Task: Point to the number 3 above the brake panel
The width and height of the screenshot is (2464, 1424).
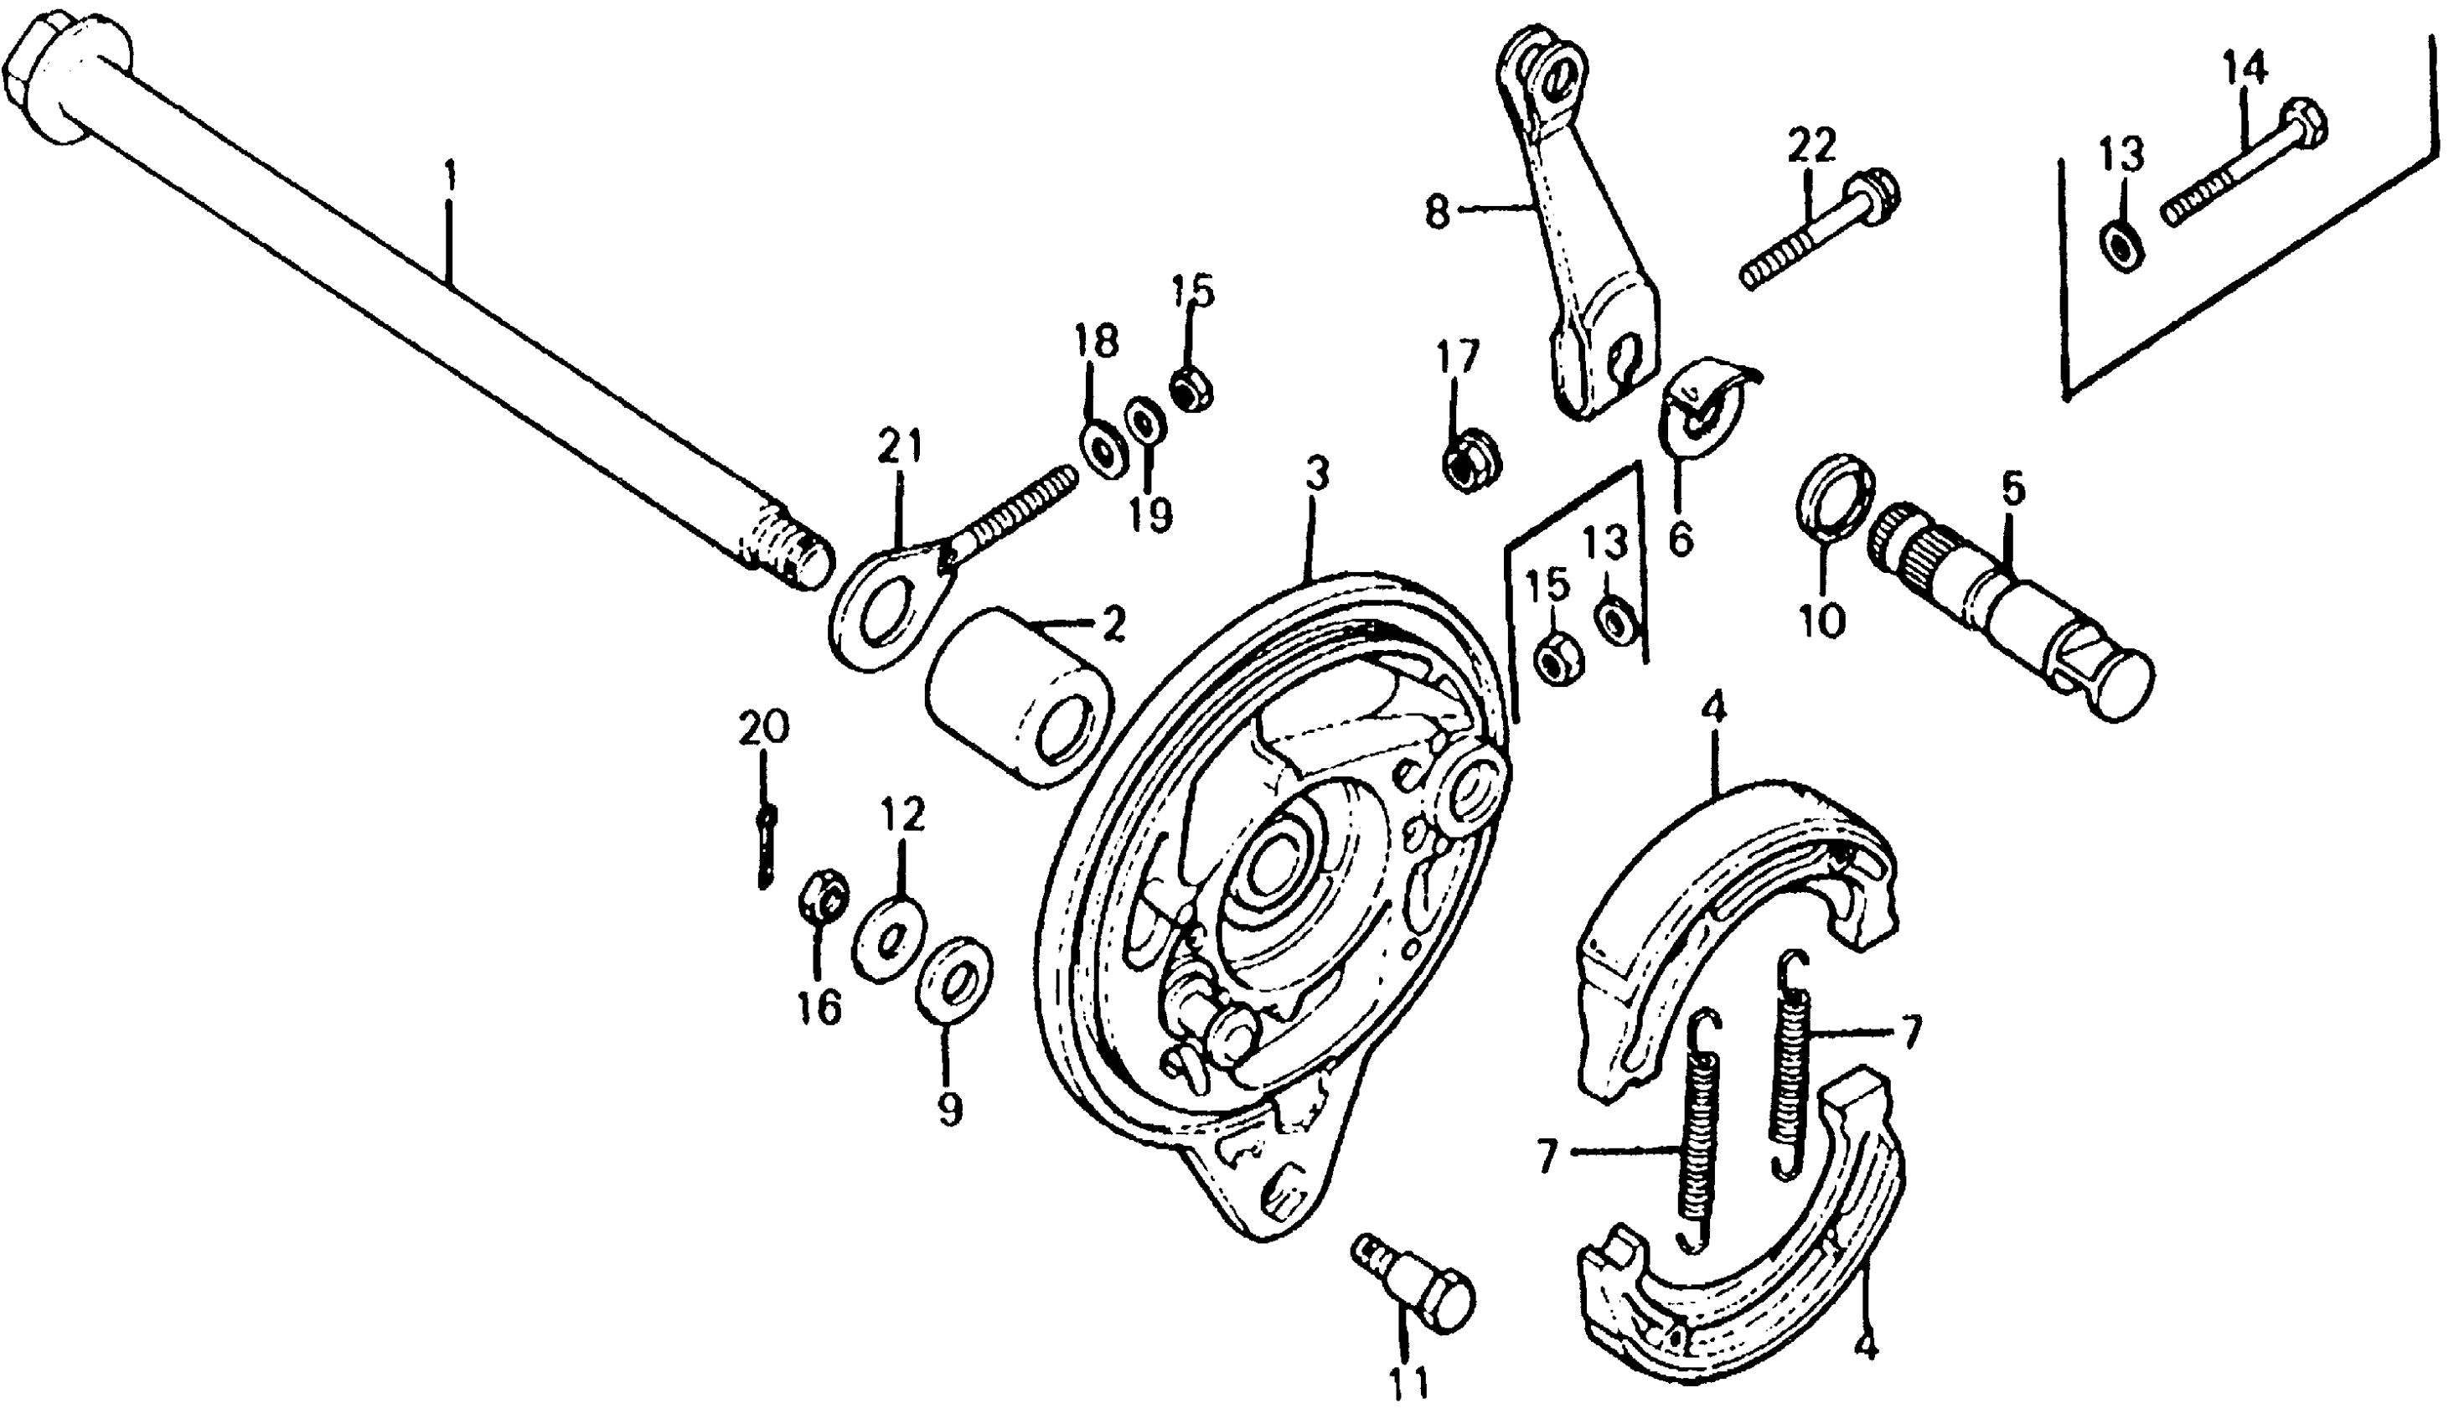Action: pyautogui.click(x=1317, y=476)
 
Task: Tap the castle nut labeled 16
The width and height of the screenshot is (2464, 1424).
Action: pyautogui.click(x=824, y=895)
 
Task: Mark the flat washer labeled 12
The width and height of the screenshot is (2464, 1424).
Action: pyautogui.click(x=891, y=940)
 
